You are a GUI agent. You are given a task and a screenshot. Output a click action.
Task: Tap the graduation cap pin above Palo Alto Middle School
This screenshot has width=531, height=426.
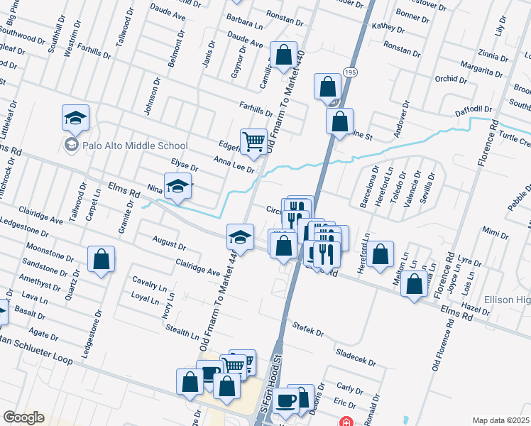coord(75,119)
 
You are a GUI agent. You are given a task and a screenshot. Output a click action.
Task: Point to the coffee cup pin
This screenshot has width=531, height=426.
coord(286,401)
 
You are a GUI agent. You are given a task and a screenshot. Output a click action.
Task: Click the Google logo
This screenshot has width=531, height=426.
coord(23,417)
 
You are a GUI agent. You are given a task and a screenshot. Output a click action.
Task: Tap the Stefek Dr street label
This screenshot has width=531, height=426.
coord(307,328)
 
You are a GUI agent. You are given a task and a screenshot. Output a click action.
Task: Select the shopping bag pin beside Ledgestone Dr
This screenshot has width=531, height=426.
coord(102,260)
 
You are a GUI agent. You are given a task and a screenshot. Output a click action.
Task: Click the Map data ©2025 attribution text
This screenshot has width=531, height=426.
coord(501,420)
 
